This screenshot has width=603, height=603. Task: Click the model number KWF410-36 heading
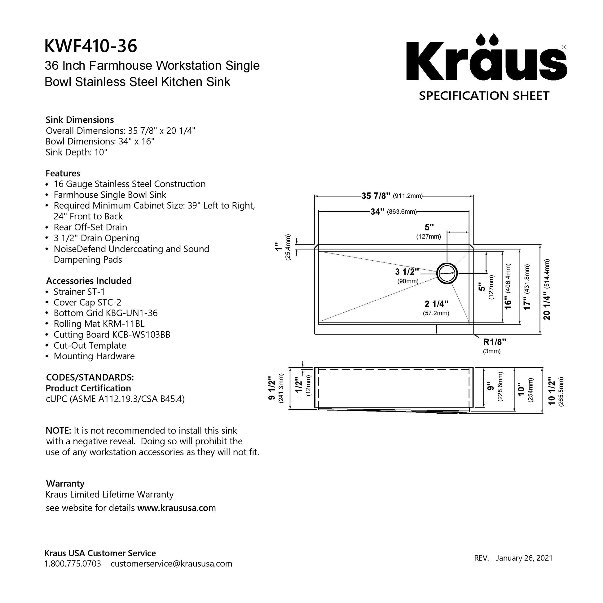tap(90, 46)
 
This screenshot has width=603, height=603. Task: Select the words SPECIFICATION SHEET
tap(484, 96)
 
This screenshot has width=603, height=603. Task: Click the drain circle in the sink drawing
tap(447, 273)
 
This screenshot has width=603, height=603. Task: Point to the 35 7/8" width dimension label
tap(376, 196)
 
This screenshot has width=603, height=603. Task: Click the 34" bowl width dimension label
tap(377, 212)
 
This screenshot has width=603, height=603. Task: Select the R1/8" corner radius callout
tap(494, 342)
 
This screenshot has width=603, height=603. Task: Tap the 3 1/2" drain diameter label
tap(407, 272)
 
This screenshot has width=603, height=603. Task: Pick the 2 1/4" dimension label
tap(436, 304)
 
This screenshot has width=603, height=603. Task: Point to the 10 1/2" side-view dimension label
tap(552, 391)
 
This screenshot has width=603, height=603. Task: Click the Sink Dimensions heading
tap(80, 120)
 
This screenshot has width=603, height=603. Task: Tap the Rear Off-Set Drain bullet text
tap(90, 227)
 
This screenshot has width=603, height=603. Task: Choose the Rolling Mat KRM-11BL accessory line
tap(99, 324)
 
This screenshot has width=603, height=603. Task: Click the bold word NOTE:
tap(59, 431)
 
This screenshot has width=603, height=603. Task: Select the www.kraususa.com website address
tap(176, 508)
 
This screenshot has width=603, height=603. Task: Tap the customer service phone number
tap(73, 564)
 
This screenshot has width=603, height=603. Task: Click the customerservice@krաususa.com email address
tap(171, 564)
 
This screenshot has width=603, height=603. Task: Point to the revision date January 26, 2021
tap(524, 558)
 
